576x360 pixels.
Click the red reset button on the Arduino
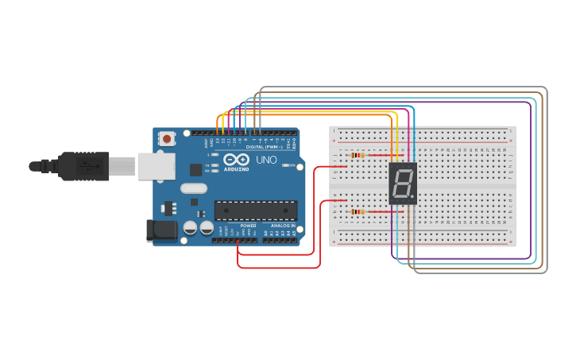coord(167,139)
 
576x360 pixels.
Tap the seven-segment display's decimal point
coord(412,196)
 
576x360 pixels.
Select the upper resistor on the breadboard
coord(357,155)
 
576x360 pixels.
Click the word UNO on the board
coord(267,160)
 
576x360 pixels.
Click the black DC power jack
coord(161,230)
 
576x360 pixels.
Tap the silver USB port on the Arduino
coord(156,166)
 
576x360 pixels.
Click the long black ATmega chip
coord(255,210)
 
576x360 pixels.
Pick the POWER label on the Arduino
coord(248,226)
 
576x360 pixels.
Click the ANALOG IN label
coord(282,226)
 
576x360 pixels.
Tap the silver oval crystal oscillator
coord(193,188)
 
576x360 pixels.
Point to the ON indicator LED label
coord(292,165)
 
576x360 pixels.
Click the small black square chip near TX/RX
coord(195,169)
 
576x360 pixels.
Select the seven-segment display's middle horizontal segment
coord(403,184)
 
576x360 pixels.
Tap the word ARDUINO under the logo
coord(237,169)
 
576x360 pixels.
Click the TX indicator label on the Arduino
coord(207,165)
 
